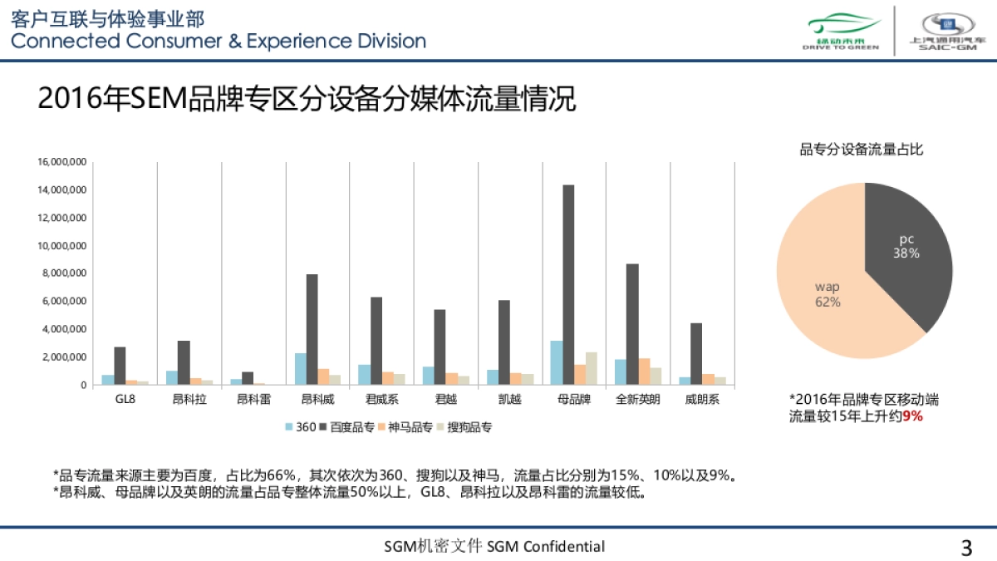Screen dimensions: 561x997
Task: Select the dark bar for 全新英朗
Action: coord(632,324)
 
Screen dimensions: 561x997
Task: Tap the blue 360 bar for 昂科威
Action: coord(300,369)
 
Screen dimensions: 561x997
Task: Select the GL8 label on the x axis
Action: coord(125,400)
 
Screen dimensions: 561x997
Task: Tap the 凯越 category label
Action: coord(509,400)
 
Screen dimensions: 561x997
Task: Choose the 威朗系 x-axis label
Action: coord(702,400)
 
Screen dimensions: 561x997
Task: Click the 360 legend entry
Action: coord(301,427)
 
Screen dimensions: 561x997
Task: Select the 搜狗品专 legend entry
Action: coord(465,427)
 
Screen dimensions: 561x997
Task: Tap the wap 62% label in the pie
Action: coord(828,294)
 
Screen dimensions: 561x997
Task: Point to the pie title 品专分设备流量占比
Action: coord(862,150)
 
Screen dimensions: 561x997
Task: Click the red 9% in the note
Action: coord(912,416)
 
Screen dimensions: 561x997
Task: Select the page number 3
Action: coord(966,548)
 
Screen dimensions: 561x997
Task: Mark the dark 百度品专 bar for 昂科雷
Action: coord(248,378)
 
